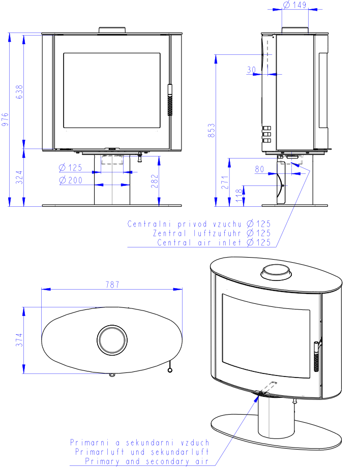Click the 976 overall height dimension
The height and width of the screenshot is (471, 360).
(x=5, y=119)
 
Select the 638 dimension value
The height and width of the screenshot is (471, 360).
(x=19, y=92)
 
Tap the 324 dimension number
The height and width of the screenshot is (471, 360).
(x=19, y=177)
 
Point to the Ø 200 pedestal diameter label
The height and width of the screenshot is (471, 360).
(x=71, y=180)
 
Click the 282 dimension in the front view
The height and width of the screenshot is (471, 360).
(x=155, y=181)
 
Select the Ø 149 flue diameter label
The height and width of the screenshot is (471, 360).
(x=295, y=5)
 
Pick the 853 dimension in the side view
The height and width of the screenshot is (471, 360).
(x=212, y=130)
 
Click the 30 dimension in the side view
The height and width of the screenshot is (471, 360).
(x=251, y=70)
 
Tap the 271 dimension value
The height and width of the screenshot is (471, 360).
(x=225, y=182)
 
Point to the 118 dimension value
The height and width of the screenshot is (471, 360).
(x=239, y=195)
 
